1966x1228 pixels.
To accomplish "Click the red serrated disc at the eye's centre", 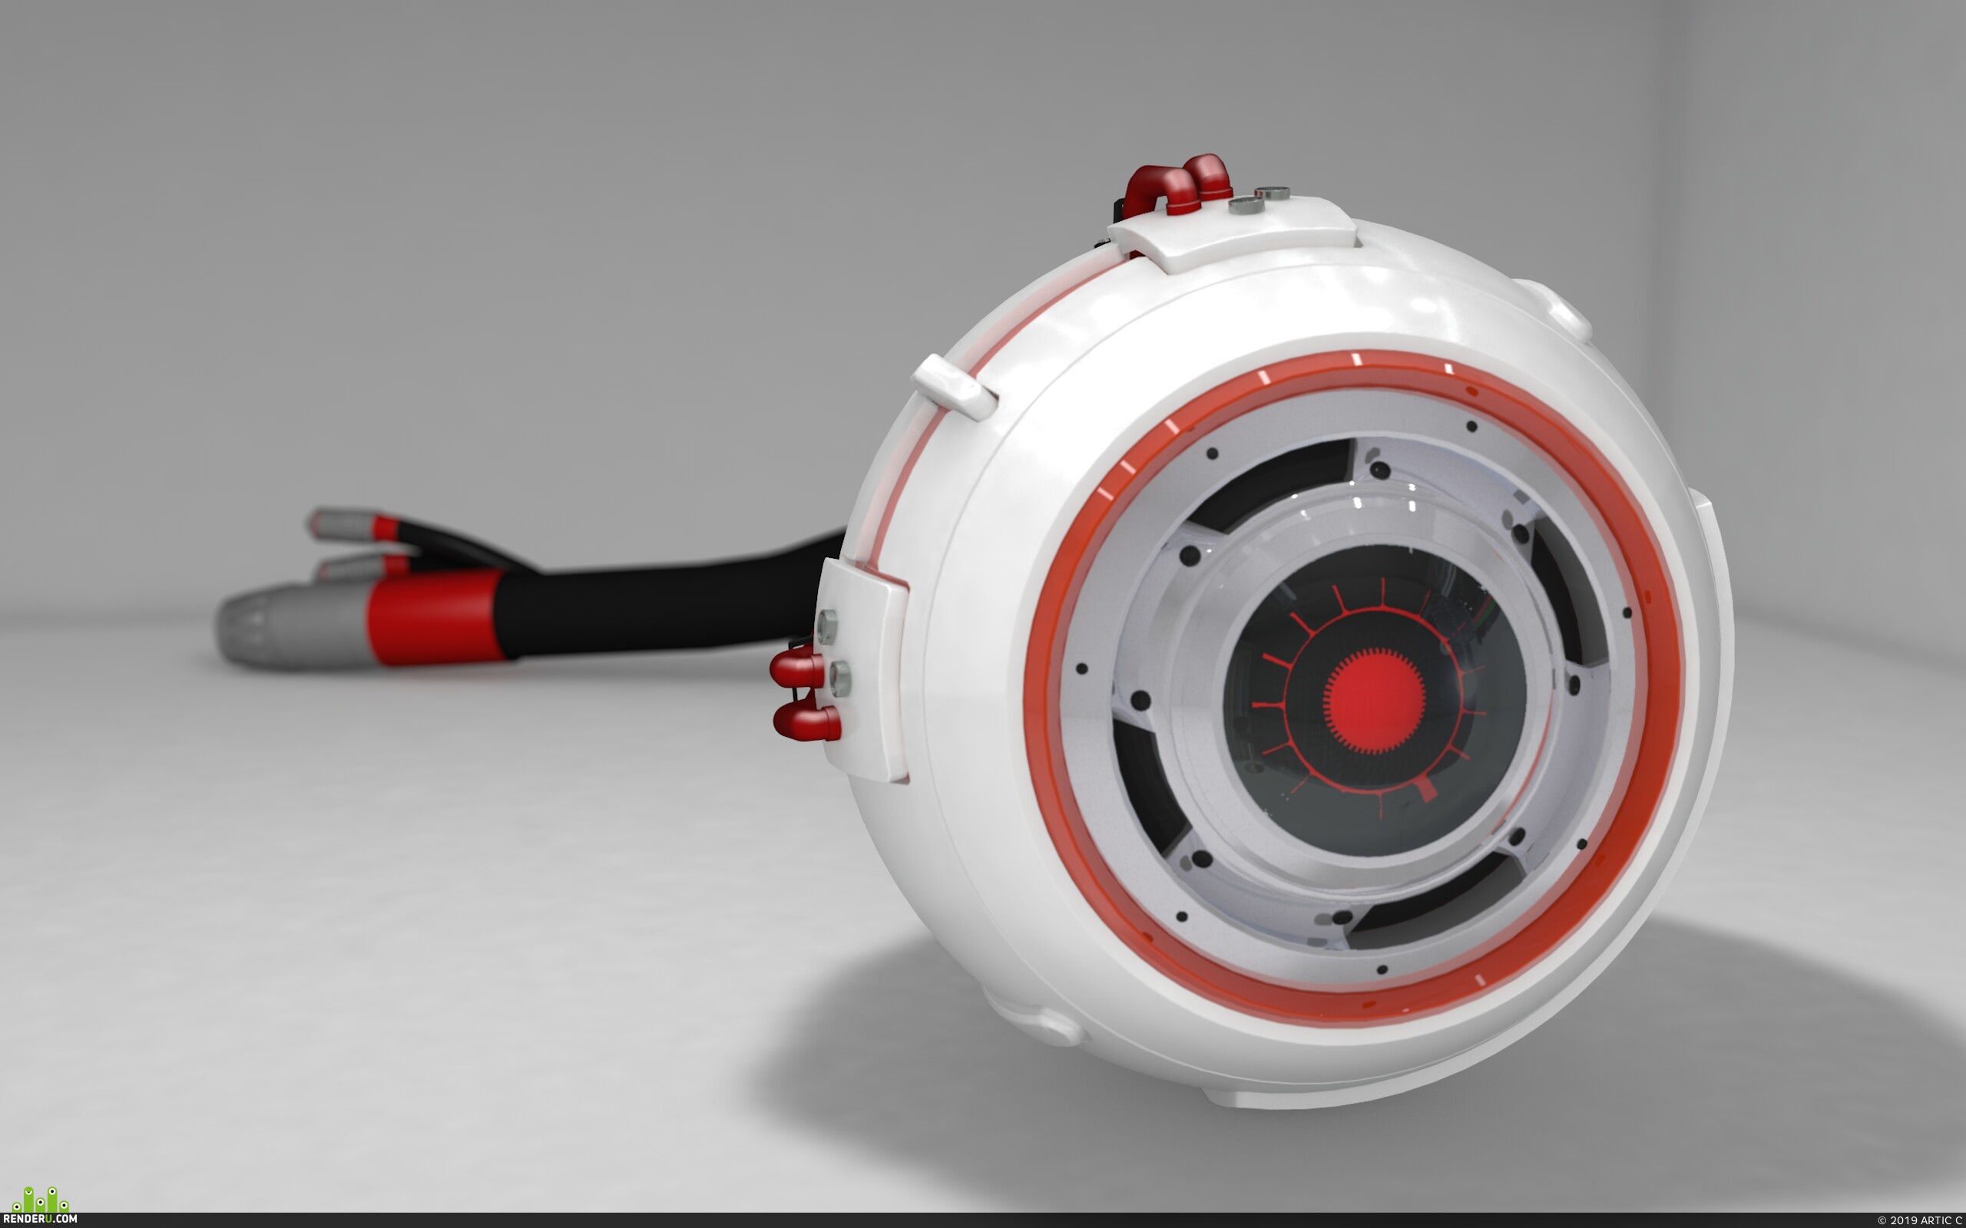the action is point(1374,700).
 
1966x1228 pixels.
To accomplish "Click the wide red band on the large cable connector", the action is point(435,617).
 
